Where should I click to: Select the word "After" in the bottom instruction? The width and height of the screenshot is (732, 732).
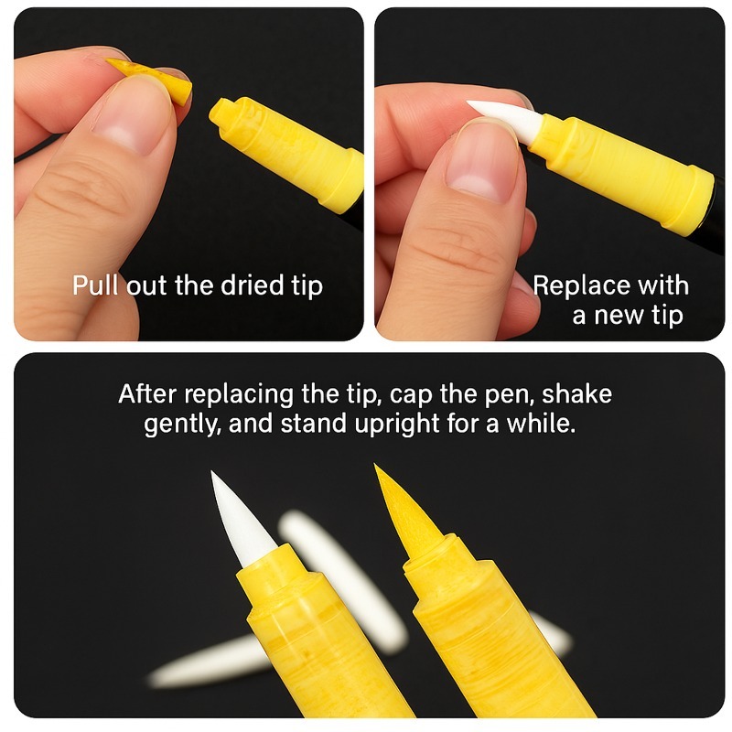(x=147, y=394)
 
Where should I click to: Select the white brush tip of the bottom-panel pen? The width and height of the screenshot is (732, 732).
(x=241, y=520)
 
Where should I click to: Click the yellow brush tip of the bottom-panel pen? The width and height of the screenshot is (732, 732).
(x=405, y=510)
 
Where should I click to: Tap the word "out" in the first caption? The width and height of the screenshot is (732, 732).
(x=146, y=285)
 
